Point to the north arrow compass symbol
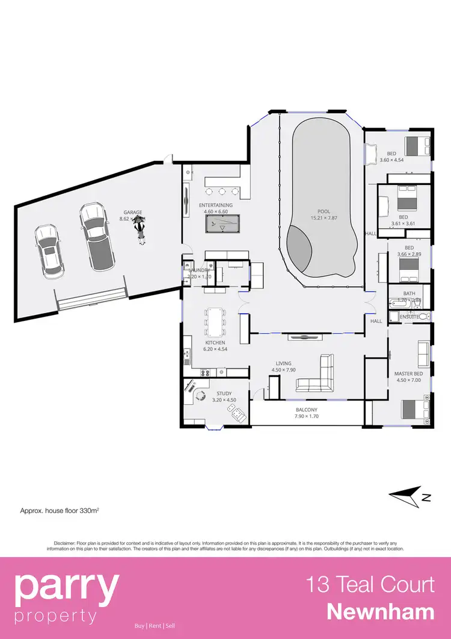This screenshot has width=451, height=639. tap(410, 496)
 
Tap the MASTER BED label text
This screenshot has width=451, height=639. tap(408, 374)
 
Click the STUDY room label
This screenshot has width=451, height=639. tap(224, 394)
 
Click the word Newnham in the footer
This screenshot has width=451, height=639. tap(381, 612)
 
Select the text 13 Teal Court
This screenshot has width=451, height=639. tap(370, 584)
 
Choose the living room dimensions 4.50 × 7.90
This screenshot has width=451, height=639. tap(283, 370)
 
